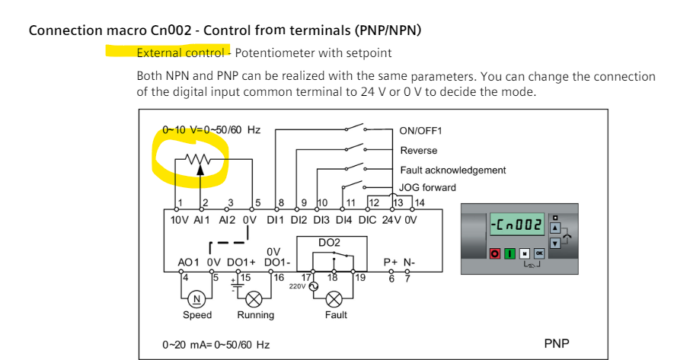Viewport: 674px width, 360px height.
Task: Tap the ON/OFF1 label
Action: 420,131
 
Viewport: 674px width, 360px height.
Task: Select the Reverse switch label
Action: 419,151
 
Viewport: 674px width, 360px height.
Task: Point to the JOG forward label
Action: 428,187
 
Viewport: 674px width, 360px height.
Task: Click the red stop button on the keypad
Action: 496,252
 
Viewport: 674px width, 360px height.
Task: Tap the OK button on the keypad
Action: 539,252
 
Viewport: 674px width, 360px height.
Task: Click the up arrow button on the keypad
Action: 555,227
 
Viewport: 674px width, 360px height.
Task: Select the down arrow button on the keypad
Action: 555,243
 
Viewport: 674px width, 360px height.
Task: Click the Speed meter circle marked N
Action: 197,298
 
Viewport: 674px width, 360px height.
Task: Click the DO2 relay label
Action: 329,241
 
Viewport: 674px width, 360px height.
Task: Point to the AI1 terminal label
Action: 201,219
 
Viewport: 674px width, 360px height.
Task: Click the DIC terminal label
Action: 367,219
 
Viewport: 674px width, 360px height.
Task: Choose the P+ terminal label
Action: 390,263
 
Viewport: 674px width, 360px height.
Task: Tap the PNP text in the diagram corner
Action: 557,344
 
